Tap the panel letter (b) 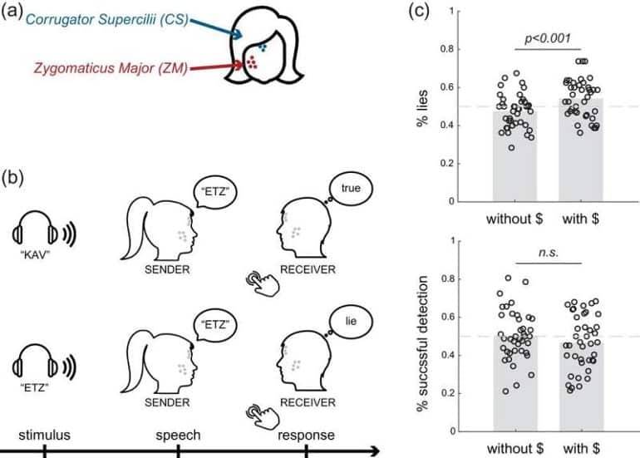click(12, 179)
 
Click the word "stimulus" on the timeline click(44, 435)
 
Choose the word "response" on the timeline click(307, 435)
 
